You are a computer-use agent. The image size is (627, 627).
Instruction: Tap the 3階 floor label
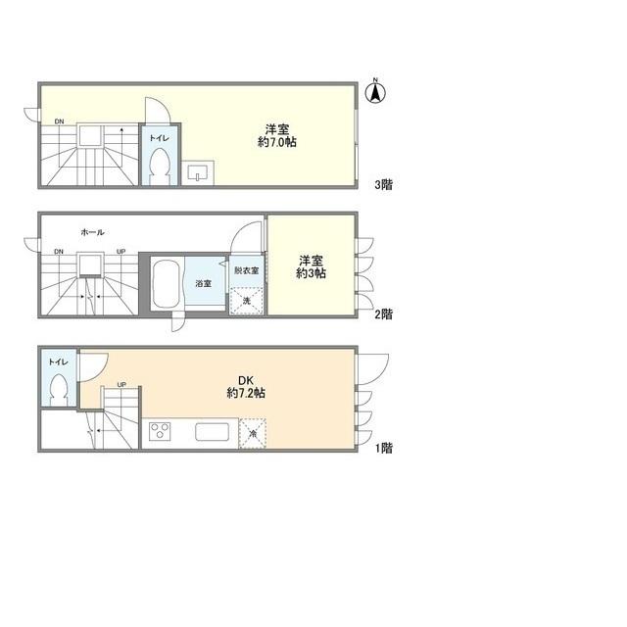coord(383,185)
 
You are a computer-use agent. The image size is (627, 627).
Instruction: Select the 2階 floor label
coord(383,314)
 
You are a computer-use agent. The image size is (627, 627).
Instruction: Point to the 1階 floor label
coord(383,449)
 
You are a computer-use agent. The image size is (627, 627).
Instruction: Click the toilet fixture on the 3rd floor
coord(160,167)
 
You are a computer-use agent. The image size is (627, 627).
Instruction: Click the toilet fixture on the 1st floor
coord(59,390)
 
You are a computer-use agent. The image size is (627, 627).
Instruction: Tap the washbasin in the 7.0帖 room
coord(198,173)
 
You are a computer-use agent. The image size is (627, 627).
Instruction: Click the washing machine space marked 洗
coord(247,301)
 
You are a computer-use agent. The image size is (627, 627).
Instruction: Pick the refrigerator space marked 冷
coord(253,433)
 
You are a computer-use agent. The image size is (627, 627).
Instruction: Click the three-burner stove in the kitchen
coord(160,431)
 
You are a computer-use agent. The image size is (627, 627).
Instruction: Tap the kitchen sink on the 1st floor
coord(212,432)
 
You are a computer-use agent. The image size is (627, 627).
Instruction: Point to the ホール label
coord(92,232)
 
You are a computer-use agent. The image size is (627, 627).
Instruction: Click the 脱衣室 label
coord(246,270)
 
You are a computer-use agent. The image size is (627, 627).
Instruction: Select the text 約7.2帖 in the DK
coord(246,393)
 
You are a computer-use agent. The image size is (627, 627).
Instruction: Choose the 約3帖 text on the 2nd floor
coord(311,273)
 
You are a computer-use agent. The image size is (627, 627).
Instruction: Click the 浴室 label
coord(203,283)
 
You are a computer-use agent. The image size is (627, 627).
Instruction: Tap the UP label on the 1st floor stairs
coord(121,385)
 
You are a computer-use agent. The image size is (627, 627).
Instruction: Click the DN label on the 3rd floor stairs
coord(59,121)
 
